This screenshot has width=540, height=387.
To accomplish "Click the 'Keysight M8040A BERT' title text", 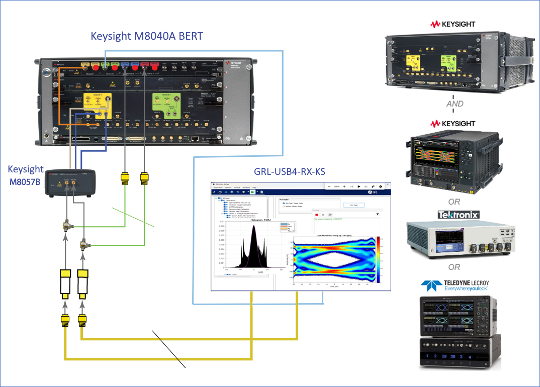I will (147, 36).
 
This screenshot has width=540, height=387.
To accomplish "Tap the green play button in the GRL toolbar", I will (252, 191).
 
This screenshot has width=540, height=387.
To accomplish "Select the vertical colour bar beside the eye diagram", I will (378, 261).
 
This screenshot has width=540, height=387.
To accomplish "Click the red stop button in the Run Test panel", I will (316, 215).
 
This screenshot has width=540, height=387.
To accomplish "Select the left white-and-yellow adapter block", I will (65, 283).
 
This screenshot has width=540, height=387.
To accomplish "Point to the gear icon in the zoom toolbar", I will (381, 186).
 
